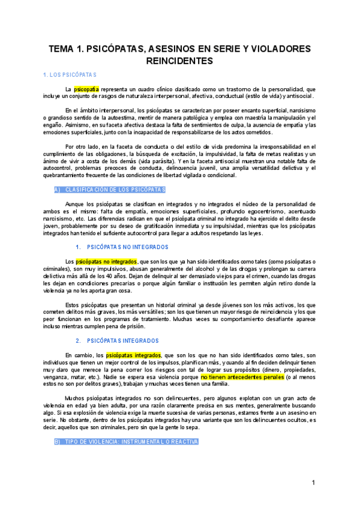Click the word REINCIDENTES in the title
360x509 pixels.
pos(180,61)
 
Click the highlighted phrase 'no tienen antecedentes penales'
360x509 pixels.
pos(242,377)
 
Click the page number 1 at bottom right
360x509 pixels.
pos(313,483)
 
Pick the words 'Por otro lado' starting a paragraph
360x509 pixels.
pos(82,146)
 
